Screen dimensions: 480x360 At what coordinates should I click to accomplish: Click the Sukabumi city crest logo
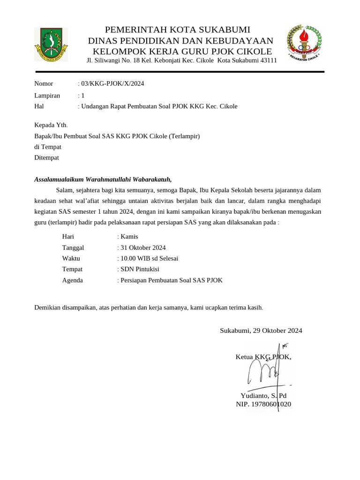point(51,45)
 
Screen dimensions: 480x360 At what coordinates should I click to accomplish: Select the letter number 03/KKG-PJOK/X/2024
point(112,84)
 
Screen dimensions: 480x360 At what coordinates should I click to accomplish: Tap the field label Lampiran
point(47,95)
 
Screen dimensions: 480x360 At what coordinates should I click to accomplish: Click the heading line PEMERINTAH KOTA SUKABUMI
point(177,30)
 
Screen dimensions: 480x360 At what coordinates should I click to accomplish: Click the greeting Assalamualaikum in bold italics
point(60,179)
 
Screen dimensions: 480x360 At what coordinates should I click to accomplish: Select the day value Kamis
point(129,237)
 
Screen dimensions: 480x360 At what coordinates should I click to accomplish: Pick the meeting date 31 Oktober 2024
point(143,247)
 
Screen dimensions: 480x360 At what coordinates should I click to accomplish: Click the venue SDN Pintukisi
point(140,269)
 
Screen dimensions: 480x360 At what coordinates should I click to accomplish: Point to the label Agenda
point(72,280)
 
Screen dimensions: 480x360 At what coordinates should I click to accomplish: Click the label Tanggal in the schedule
point(73,247)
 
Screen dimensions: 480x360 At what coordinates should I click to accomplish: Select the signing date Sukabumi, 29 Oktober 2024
point(261,330)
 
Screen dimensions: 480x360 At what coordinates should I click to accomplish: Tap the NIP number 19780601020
point(271,404)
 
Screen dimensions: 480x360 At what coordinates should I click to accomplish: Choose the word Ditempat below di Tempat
point(47,157)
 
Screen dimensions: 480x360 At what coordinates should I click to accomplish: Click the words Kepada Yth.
point(51,125)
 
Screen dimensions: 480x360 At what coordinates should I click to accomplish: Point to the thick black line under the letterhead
point(180,72)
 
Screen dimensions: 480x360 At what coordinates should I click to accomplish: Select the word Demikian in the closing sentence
point(48,307)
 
